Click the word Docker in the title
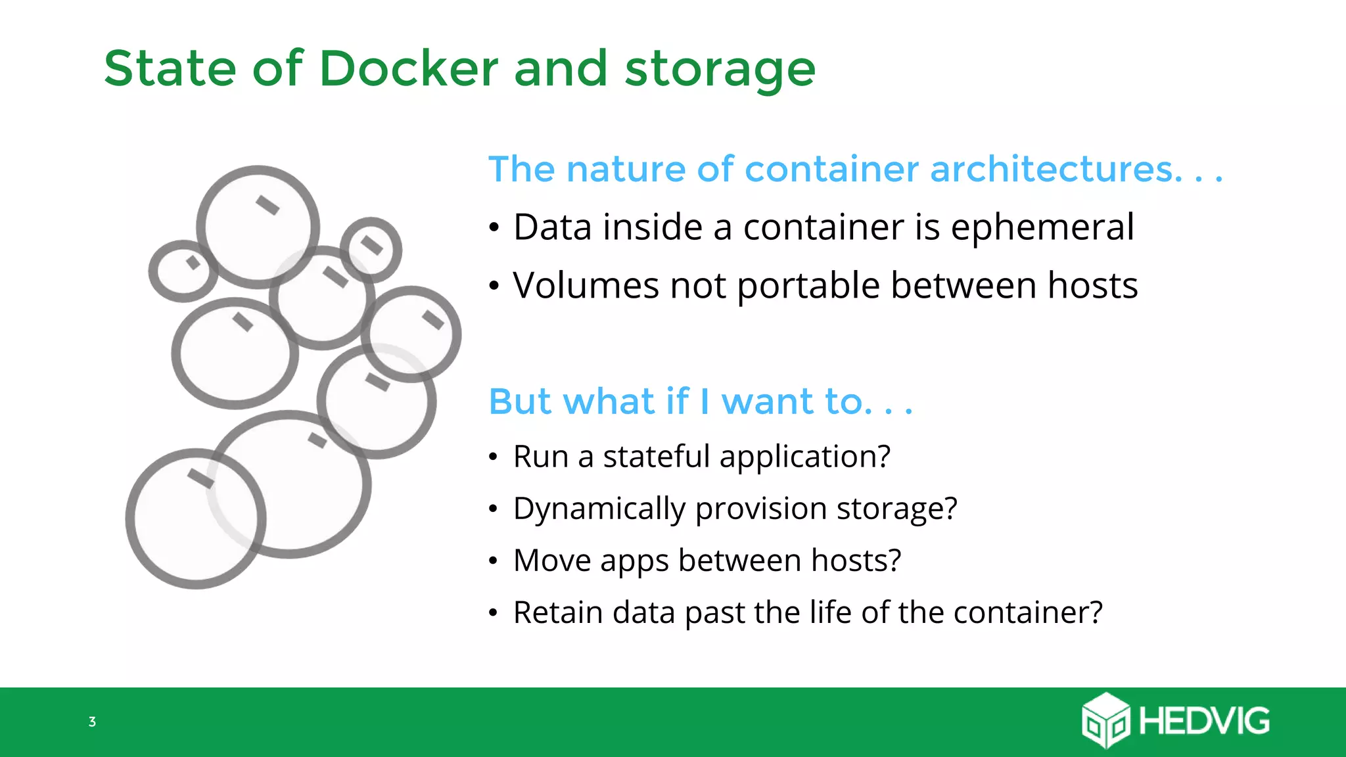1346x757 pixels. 409,68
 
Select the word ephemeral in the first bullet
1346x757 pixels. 1042,228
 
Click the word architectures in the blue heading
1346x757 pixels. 1056,169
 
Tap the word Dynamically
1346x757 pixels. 599,509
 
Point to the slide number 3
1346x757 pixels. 92,722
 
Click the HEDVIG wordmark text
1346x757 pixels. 1204,721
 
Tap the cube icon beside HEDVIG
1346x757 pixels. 1106,721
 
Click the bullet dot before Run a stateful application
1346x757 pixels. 494,457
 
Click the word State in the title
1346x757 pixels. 170,68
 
